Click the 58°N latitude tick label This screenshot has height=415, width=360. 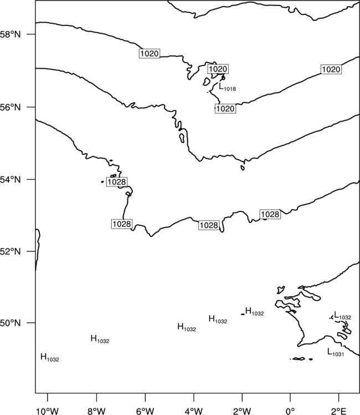(x=11, y=34)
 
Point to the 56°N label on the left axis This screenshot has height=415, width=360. (x=11, y=107)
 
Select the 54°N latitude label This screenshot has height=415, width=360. (x=11, y=180)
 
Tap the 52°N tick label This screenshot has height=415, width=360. (x=11, y=251)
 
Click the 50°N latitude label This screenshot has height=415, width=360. (x=11, y=323)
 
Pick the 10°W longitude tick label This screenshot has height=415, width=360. (x=48, y=411)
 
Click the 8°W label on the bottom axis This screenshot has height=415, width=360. (x=96, y=411)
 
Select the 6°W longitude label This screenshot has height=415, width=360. (x=145, y=411)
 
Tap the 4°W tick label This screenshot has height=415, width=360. (x=194, y=411)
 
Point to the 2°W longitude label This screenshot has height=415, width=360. (x=242, y=411)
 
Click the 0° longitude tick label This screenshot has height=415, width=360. (x=290, y=411)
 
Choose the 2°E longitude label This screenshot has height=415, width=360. (x=339, y=411)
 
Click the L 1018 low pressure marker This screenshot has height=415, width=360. (x=227, y=87)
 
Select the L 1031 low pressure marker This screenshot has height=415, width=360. (x=336, y=352)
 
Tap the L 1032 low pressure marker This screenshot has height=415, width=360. (x=342, y=315)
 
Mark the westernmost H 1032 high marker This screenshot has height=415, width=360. (x=50, y=357)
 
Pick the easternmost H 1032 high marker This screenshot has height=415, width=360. (x=255, y=311)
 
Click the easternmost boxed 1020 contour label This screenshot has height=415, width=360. (x=331, y=69)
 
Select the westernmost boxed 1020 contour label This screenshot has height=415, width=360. (x=150, y=54)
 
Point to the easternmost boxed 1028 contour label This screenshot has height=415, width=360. (x=270, y=214)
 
